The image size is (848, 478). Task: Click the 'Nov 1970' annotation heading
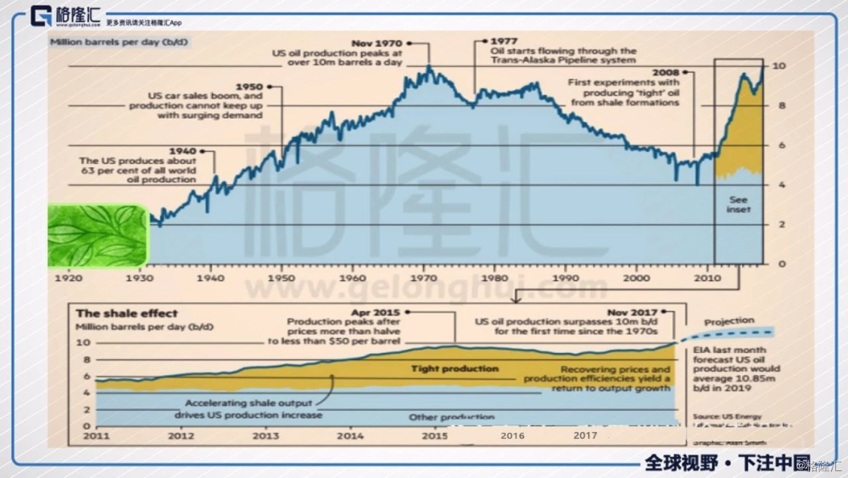(377, 42)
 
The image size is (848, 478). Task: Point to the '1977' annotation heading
(505, 40)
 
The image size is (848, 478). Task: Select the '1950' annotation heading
(248, 87)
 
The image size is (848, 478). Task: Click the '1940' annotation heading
(182, 150)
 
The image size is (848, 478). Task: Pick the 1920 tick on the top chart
(67, 277)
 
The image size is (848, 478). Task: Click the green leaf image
(98, 234)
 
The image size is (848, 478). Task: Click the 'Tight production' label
(455, 368)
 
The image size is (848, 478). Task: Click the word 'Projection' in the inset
(729, 321)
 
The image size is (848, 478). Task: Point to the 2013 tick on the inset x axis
(265, 436)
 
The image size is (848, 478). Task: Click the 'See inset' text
(739, 205)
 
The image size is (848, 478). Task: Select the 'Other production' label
(452, 417)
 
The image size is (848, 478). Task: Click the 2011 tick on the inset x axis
(95, 436)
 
